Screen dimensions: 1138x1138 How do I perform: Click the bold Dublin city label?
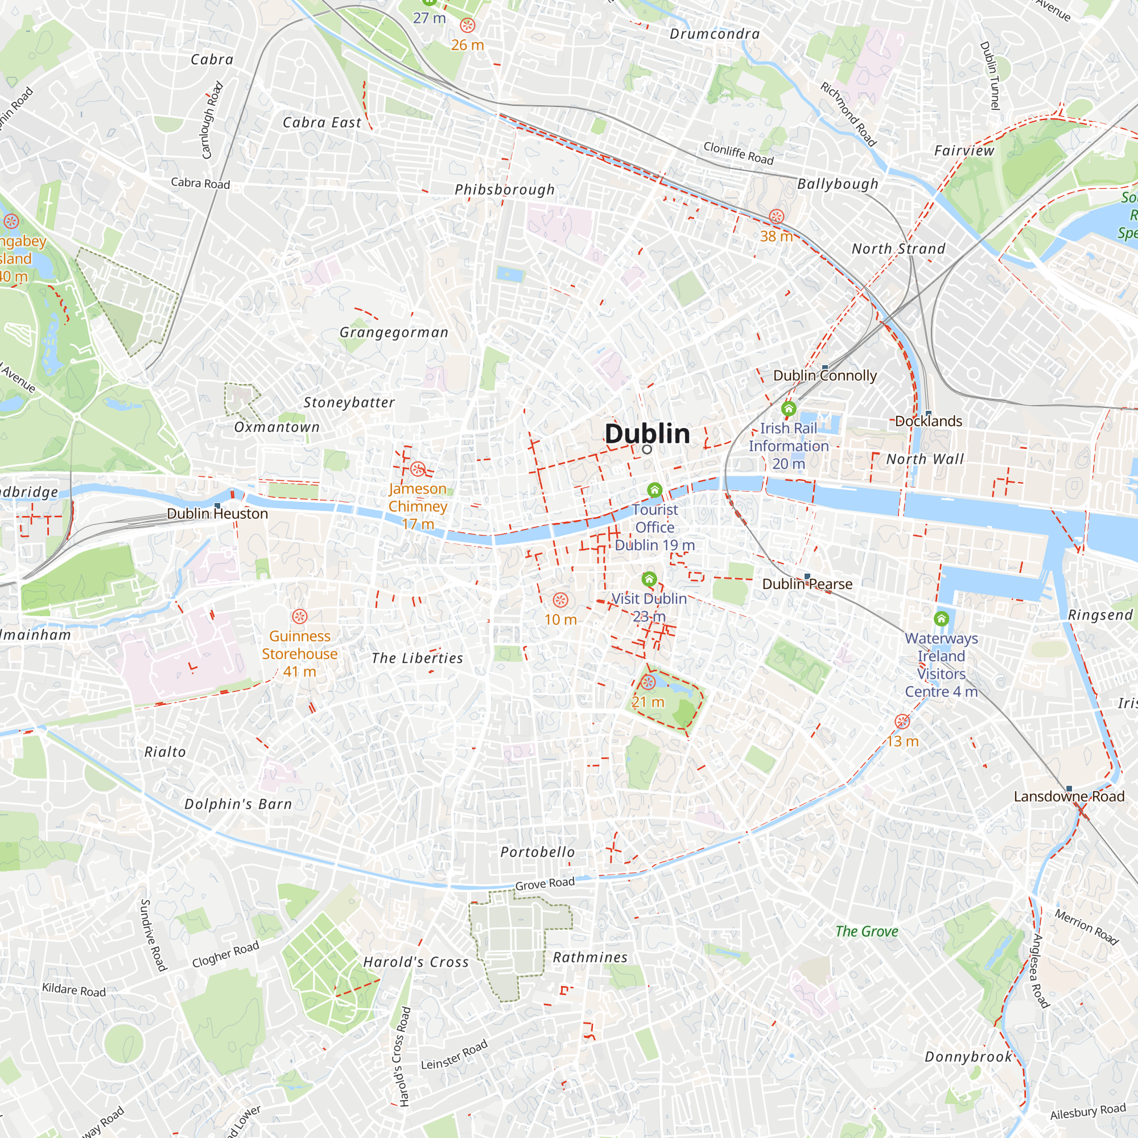pyautogui.click(x=647, y=434)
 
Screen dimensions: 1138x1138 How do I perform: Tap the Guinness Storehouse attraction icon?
pyautogui.click(x=300, y=617)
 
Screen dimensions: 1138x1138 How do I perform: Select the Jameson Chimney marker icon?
pyautogui.click(x=418, y=469)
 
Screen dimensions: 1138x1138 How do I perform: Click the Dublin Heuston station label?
pyautogui.click(x=217, y=514)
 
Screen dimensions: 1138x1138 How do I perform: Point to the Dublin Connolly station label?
pyautogui.click(x=824, y=376)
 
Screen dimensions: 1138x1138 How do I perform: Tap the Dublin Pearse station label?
pyautogui.click(x=807, y=584)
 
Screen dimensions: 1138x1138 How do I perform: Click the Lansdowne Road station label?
pyautogui.click(x=1069, y=797)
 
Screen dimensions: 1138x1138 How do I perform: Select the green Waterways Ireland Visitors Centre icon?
pyautogui.click(x=941, y=619)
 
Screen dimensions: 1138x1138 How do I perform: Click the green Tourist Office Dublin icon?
pyautogui.click(x=654, y=490)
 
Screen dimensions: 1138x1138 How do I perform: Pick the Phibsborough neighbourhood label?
pyautogui.click(x=505, y=189)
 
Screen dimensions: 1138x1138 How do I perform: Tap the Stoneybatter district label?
pyautogui.click(x=349, y=402)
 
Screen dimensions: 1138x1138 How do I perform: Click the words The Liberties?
pyautogui.click(x=417, y=658)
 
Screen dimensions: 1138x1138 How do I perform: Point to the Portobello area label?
pyautogui.click(x=537, y=852)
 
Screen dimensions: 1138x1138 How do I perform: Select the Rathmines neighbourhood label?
pyautogui.click(x=589, y=958)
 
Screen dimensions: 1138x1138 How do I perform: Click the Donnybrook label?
pyautogui.click(x=968, y=1057)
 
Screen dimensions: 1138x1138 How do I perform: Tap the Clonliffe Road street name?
pyautogui.click(x=738, y=153)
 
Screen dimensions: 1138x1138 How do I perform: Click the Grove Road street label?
pyautogui.click(x=545, y=884)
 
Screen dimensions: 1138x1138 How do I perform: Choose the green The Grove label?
pyautogui.click(x=867, y=931)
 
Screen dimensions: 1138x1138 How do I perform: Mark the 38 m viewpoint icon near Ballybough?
pyautogui.click(x=776, y=216)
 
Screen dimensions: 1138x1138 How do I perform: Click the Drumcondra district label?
pyautogui.click(x=715, y=34)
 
